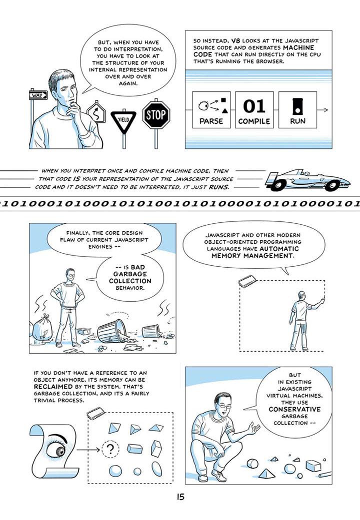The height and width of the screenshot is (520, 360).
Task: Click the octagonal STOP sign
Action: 156,115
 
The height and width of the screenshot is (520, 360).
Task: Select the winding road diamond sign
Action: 96,112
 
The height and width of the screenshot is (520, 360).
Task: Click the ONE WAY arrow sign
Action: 38,95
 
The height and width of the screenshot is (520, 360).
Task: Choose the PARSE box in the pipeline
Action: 211,110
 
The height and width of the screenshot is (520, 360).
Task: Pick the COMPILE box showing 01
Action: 254,110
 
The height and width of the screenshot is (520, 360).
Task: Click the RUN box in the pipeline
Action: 297,110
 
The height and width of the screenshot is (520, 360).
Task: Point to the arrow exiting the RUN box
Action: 322,110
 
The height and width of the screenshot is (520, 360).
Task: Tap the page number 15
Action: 180,497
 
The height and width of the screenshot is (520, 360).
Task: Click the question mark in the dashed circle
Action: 110,450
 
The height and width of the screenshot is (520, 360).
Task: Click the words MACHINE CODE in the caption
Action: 253,51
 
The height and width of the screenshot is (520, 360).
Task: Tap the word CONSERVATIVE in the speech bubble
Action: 294,409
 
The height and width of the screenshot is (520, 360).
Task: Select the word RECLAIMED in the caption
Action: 53,387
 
